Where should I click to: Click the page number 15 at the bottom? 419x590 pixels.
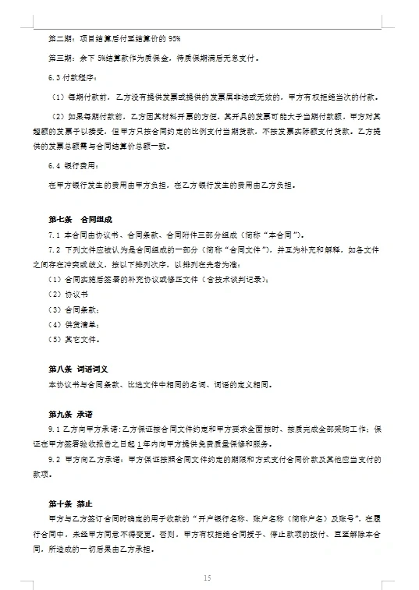[x=207, y=578]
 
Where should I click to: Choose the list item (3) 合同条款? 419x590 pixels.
[x=72, y=310]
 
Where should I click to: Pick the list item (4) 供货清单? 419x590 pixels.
[x=72, y=325]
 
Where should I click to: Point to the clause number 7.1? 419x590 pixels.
[x=54, y=235]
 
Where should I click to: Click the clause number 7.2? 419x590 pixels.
[x=54, y=250]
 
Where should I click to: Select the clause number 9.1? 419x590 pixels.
[x=54, y=429]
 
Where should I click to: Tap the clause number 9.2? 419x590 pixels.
[x=54, y=460]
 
